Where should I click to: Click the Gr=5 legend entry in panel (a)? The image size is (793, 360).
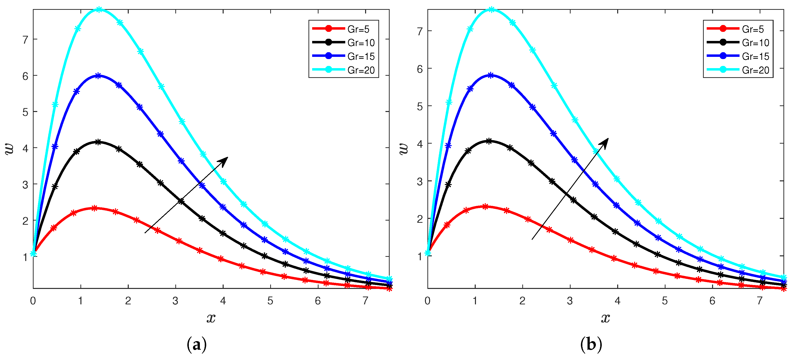(x=358, y=29)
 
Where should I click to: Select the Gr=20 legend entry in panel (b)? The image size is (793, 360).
(x=755, y=70)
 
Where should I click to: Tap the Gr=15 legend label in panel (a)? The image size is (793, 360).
(x=361, y=56)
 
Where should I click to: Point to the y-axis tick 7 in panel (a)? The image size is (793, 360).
(x=25, y=40)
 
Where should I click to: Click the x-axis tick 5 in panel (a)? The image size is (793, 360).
(x=270, y=301)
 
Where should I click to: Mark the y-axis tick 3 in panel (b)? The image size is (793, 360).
(x=420, y=182)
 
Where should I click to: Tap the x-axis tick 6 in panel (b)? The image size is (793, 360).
(x=712, y=301)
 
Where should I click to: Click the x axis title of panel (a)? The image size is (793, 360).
(x=211, y=318)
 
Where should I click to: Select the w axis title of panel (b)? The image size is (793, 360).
(x=404, y=149)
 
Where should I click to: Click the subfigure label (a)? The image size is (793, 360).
(x=196, y=345)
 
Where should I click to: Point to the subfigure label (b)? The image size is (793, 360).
(x=591, y=345)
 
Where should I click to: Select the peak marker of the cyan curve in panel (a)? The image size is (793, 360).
(x=99, y=10)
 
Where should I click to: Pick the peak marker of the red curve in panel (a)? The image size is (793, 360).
(x=94, y=208)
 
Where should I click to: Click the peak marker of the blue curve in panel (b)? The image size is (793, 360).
(x=491, y=75)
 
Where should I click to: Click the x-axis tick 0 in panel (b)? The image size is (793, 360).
(x=427, y=301)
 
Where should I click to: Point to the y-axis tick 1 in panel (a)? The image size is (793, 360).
(x=25, y=257)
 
